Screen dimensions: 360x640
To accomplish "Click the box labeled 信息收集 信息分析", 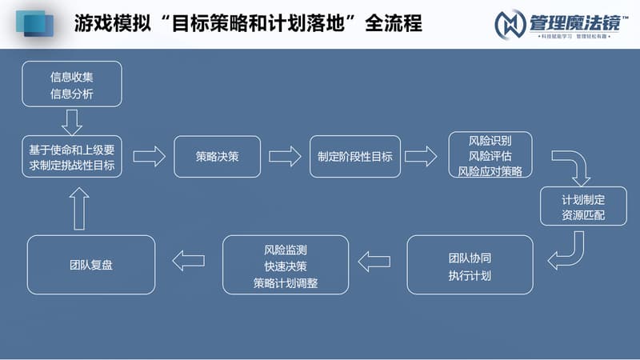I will pyautogui.click(x=71, y=83).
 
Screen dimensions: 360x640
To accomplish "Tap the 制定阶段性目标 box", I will pyautogui.click(x=354, y=156).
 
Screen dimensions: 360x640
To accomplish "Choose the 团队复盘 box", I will pyautogui.click(x=91, y=264).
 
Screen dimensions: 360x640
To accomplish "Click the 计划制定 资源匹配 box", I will pyautogui.click(x=583, y=207).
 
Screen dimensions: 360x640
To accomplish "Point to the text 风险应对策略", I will pyautogui.click(x=490, y=171).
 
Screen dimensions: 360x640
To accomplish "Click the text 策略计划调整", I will pyautogui.click(x=286, y=282).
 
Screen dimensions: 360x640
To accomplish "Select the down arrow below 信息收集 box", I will pyautogui.click(x=72, y=122).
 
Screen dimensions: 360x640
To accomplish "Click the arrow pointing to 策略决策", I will pyautogui.click(x=149, y=156).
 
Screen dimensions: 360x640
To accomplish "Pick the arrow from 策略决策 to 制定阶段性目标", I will pyautogui.click(x=285, y=156).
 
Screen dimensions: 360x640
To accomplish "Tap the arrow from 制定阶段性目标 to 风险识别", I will pyautogui.click(x=421, y=156).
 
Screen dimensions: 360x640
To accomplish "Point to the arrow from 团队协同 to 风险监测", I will pyautogui.click(x=374, y=261).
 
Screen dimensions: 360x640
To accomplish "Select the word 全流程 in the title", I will pyautogui.click(x=393, y=24).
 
